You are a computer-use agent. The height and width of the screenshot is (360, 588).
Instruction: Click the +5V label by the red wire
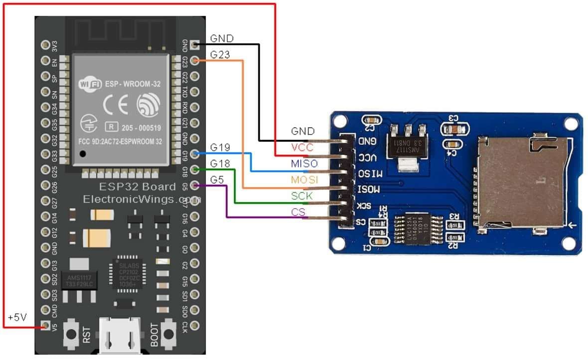point(17,317)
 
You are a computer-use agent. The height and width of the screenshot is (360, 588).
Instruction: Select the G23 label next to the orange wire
point(220,54)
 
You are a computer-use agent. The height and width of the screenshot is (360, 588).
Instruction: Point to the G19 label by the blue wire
point(220,147)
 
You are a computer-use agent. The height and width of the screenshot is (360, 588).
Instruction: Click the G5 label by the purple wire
point(216,179)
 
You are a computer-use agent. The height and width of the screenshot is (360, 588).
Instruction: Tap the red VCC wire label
point(302,147)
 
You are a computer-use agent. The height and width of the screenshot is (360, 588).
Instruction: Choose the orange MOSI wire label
point(304,179)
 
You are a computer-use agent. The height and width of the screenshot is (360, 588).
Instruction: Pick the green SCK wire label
point(302,196)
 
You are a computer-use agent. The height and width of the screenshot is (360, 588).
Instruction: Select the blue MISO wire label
point(303,163)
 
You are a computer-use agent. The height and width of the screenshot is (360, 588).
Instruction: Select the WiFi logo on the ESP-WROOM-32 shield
point(90,84)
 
